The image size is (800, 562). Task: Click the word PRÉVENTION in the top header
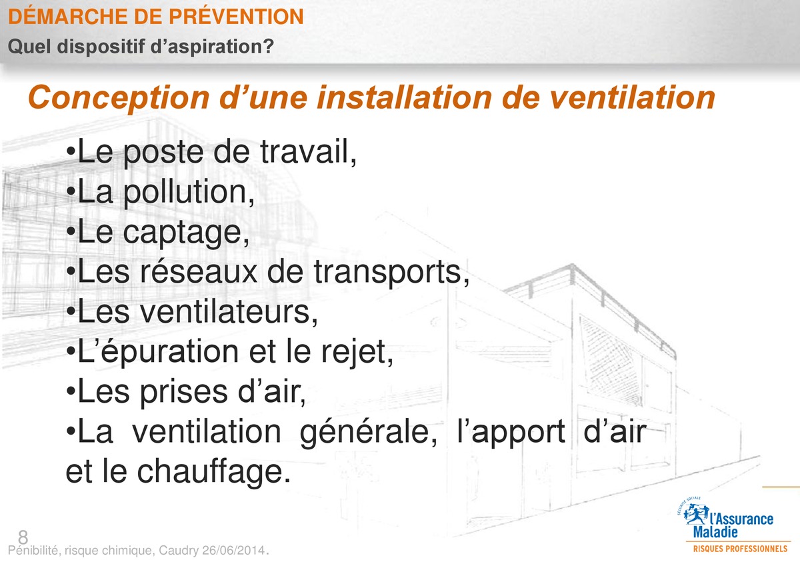[x=236, y=16]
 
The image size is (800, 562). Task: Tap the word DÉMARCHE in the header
[x=66, y=16]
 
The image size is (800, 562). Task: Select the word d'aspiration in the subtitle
[x=212, y=47]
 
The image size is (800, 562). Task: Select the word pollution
[x=189, y=193]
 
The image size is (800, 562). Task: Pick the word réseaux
[x=198, y=272]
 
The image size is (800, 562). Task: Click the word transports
[x=391, y=273]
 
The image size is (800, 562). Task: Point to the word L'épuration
[x=157, y=352]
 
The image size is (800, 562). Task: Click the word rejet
[x=357, y=352]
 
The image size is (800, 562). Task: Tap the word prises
[x=183, y=393]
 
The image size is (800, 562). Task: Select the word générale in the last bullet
[x=368, y=432]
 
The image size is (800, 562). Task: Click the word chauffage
[x=214, y=471]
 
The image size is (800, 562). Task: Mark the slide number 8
[x=23, y=537]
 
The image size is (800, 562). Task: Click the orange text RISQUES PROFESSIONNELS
[x=740, y=549]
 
